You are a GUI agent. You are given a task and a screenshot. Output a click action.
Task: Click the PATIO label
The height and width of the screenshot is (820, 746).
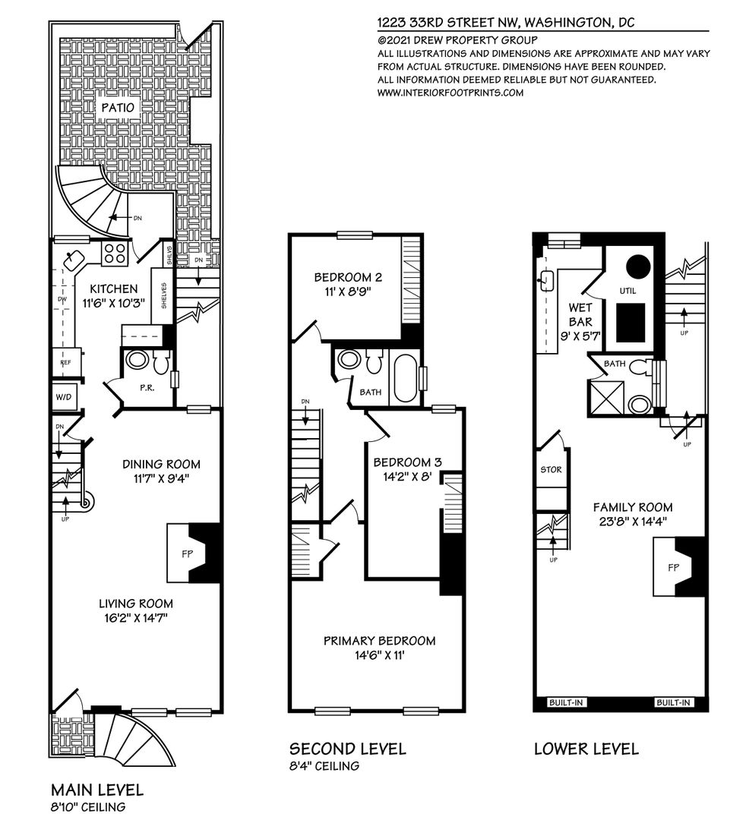(x=118, y=108)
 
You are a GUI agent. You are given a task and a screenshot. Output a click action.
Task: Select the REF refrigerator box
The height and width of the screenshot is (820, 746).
(x=65, y=362)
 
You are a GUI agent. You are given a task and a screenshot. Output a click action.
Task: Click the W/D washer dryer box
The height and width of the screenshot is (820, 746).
(x=63, y=397)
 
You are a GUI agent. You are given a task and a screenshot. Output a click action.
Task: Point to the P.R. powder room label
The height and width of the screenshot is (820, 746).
(x=147, y=389)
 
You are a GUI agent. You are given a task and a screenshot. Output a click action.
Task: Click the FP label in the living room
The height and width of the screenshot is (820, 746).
(x=187, y=554)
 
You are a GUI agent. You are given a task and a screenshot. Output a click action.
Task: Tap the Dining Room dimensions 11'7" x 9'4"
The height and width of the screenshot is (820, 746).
(x=161, y=478)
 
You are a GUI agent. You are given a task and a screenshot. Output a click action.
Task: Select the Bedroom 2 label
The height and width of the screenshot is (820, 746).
(x=348, y=278)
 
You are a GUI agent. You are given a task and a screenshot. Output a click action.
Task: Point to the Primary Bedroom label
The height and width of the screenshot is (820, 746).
(x=379, y=641)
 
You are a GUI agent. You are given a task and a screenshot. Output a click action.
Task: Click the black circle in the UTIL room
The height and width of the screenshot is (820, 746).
(x=638, y=266)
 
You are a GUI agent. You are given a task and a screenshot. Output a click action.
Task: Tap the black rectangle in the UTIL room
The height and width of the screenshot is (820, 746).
(x=631, y=322)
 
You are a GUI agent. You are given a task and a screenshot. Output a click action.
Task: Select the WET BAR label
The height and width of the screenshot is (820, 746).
(x=580, y=314)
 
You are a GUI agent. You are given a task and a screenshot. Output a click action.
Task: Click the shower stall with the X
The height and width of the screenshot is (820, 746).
(x=606, y=397)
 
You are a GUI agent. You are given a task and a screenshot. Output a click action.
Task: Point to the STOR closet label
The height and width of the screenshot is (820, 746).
(x=551, y=470)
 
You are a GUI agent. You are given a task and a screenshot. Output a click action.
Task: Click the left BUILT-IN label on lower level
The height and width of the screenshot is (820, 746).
(x=565, y=702)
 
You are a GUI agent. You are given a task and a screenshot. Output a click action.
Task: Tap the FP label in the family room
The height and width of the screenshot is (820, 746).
(x=673, y=567)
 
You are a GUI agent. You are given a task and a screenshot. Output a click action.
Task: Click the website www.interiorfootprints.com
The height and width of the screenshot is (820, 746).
(x=450, y=93)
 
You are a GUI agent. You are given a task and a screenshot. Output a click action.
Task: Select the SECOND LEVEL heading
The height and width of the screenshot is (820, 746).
(x=347, y=749)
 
